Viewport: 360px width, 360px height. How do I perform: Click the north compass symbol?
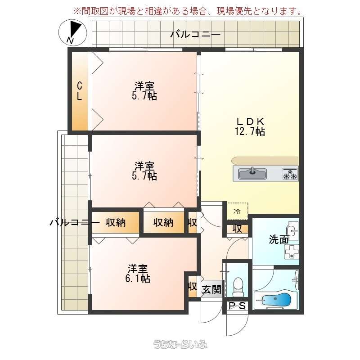(x=73, y=32)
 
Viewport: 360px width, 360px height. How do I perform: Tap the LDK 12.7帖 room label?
(x=250, y=126)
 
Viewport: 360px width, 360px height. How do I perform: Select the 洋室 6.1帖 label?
(x=138, y=274)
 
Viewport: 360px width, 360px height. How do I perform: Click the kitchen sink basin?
(x=252, y=174)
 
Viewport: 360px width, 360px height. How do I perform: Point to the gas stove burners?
(x=290, y=174)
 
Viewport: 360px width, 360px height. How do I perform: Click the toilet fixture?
(x=238, y=287)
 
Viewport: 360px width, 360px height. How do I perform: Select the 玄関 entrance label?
(x=211, y=289)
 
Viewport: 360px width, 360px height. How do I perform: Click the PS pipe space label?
(x=238, y=306)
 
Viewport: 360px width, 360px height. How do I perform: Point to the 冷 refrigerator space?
(x=238, y=211)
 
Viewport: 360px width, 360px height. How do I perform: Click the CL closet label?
(x=79, y=91)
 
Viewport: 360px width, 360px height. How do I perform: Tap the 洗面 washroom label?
(x=279, y=240)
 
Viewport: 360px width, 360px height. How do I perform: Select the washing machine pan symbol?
(x=292, y=252)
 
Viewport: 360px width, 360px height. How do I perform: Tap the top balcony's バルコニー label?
(x=195, y=35)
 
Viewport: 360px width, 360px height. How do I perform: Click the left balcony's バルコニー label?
(x=75, y=222)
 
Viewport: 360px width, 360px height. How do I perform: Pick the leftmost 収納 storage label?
(x=116, y=222)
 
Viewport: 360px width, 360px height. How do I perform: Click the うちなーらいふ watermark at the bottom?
(x=180, y=344)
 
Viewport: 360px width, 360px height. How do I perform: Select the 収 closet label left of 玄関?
(x=193, y=286)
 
